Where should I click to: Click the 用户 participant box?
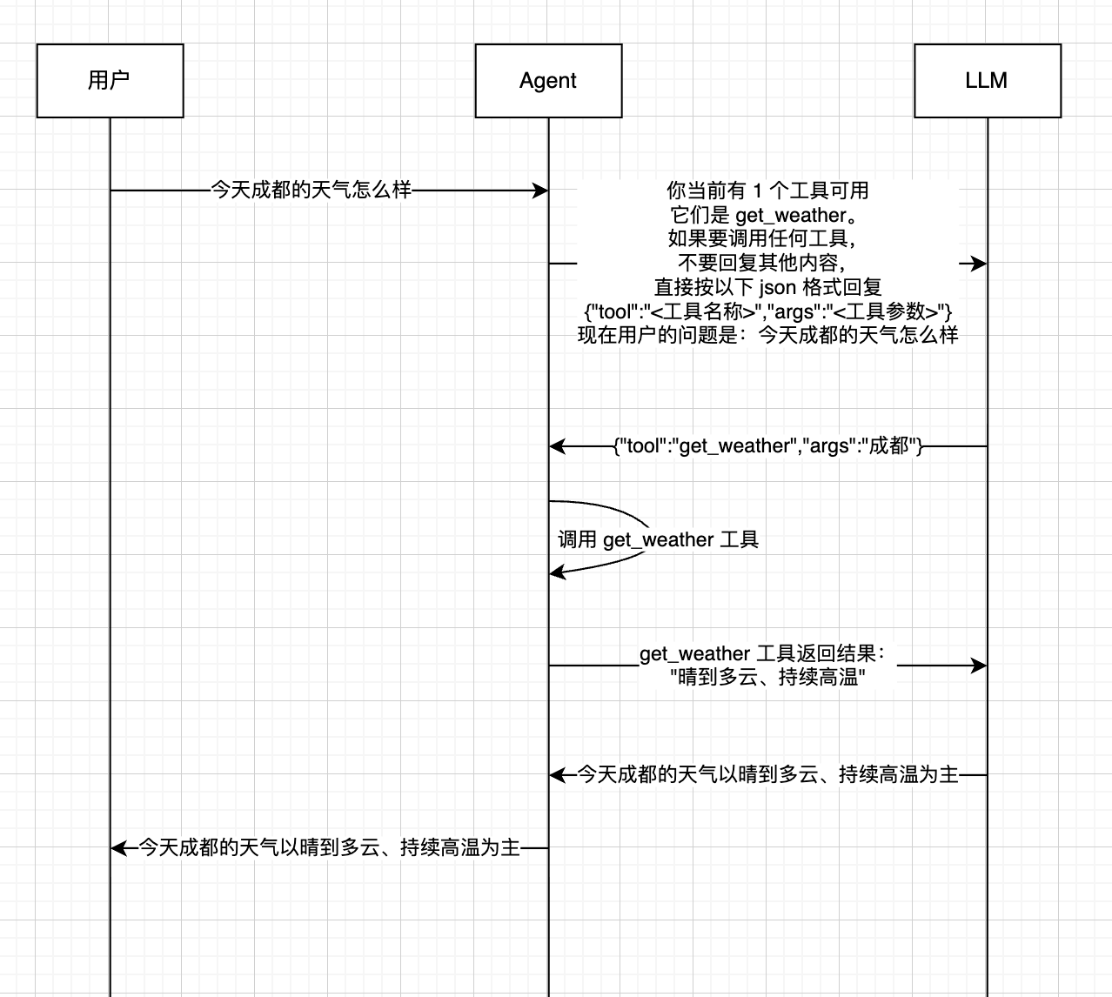(110, 81)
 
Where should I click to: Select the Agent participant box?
(548, 81)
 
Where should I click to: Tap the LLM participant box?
(988, 81)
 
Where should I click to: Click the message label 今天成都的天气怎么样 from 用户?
(311, 190)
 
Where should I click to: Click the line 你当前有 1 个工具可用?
(767, 191)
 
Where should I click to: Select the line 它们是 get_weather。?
(765, 215)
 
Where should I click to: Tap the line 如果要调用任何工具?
(762, 238)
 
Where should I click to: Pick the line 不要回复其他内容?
(762, 263)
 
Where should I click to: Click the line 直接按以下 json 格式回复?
(767, 287)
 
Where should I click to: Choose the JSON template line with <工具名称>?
(767, 311)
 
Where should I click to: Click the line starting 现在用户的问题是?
(767, 335)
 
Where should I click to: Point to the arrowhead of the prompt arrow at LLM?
(979, 264)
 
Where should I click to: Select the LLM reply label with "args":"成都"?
(767, 445)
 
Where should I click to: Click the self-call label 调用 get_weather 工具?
(658, 540)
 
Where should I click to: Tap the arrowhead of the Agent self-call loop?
(557, 572)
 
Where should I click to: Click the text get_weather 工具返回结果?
(763, 653)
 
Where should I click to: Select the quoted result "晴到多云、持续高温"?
(767, 677)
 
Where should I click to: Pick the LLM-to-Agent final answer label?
(767, 775)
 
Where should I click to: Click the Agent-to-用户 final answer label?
(329, 847)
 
